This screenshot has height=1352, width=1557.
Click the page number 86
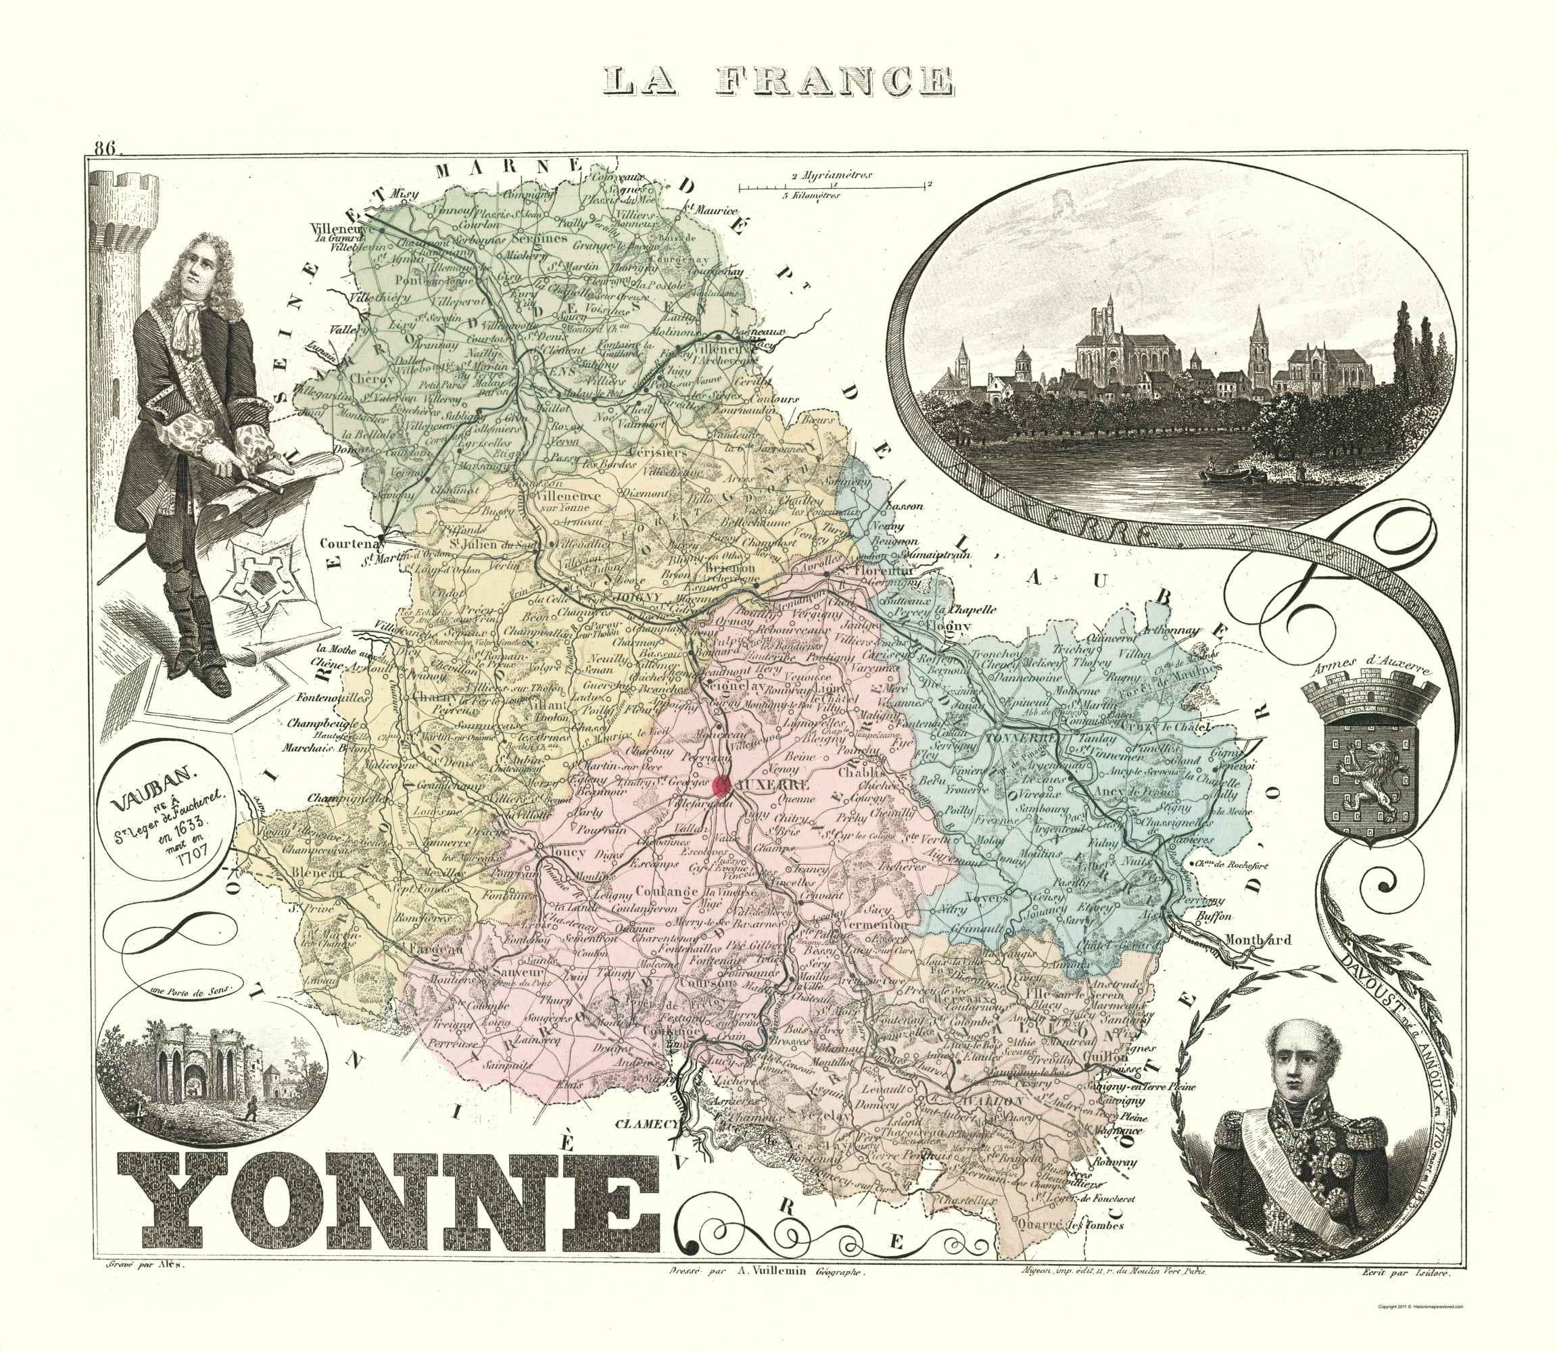click(103, 148)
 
